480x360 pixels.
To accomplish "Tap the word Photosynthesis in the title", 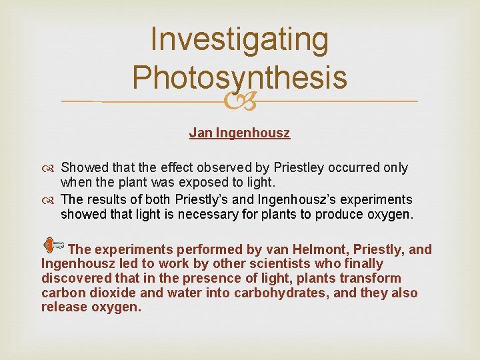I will [239, 77].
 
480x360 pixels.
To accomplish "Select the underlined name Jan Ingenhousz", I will [239, 133].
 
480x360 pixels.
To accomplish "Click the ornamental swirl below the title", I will [239, 101].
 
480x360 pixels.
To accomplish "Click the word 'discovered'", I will [77, 279].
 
